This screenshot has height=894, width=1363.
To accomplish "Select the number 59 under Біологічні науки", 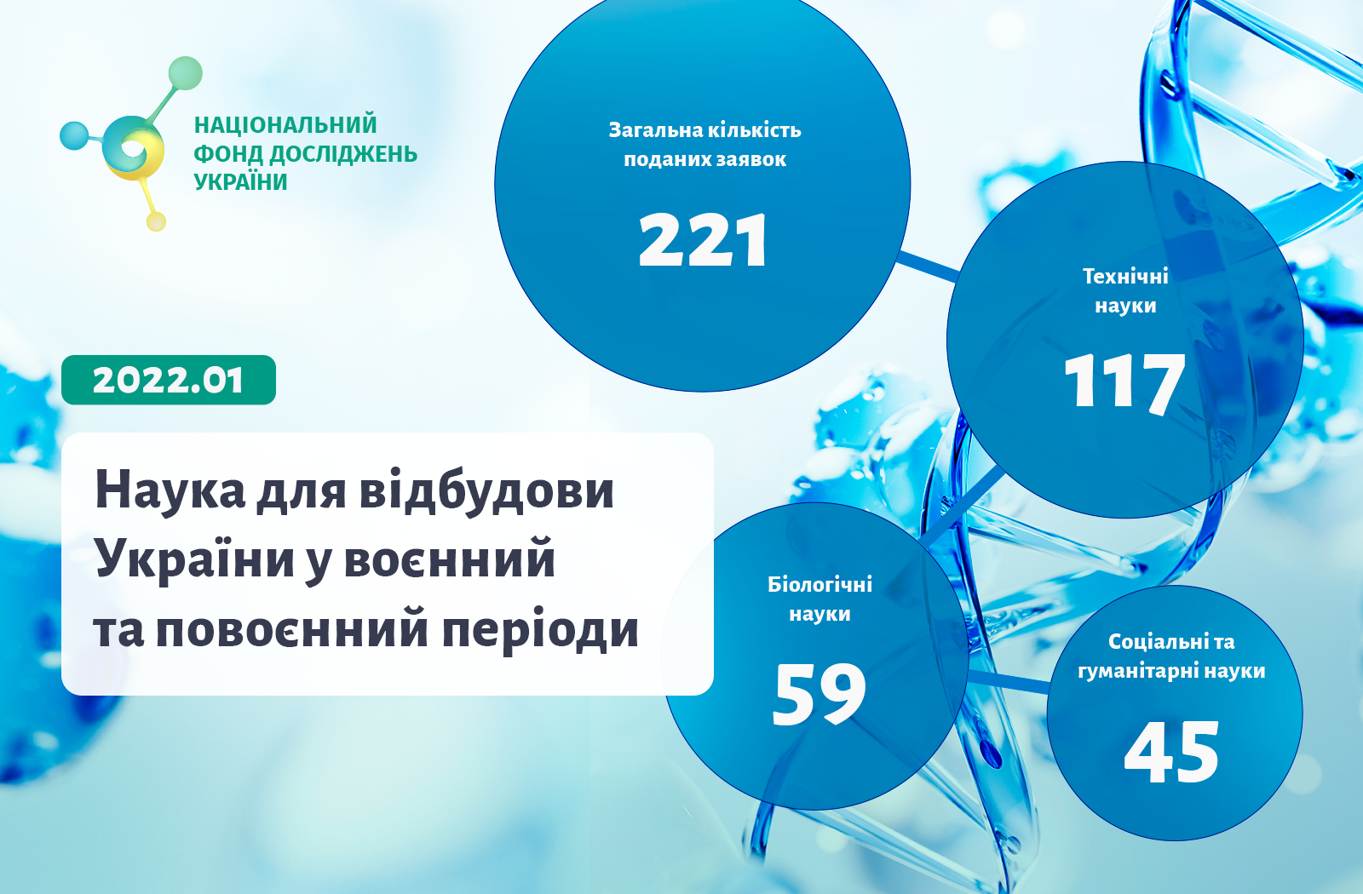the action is pyautogui.click(x=819, y=694).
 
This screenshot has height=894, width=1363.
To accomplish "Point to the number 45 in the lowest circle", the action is pyautogui.click(x=1171, y=752).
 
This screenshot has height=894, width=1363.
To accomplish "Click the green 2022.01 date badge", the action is pyautogui.click(x=169, y=380).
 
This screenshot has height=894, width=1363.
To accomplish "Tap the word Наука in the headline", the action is pyautogui.click(x=170, y=490).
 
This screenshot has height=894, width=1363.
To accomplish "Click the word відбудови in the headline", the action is pyautogui.click(x=486, y=490).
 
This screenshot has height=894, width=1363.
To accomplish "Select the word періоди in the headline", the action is pyautogui.click(x=540, y=630).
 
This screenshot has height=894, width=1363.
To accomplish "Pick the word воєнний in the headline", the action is pyautogui.click(x=450, y=559).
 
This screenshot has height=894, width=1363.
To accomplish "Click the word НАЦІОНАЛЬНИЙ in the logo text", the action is pyautogui.click(x=285, y=124).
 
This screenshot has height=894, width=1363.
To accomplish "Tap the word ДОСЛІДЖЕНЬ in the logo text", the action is pyautogui.click(x=343, y=154).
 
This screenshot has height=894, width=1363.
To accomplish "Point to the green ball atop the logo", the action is pyautogui.click(x=185, y=73).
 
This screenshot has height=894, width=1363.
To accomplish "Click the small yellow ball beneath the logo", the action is pyautogui.click(x=157, y=221).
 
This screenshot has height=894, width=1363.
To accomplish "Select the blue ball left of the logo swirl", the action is pyautogui.click(x=74, y=135).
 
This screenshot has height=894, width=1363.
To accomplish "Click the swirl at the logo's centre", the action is pyautogui.click(x=133, y=148).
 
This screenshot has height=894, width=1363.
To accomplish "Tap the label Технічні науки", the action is pyautogui.click(x=1125, y=290).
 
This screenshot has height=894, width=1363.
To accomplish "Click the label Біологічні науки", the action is pyautogui.click(x=820, y=599).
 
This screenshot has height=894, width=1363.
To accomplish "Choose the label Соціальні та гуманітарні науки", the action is pyautogui.click(x=1171, y=656).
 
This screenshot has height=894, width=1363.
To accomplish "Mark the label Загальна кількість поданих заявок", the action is pyautogui.click(x=705, y=144).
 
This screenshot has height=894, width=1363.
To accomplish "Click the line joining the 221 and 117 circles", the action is pyautogui.click(x=928, y=267).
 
